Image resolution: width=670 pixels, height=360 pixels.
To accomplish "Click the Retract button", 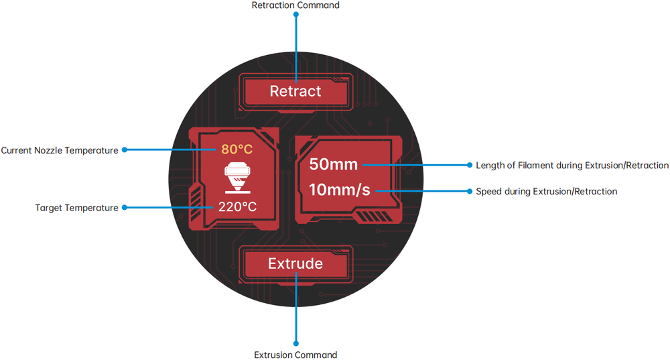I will (295, 91).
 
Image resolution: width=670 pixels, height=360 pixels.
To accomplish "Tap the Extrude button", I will (295, 263).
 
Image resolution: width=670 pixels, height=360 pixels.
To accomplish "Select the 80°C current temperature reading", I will (237, 149).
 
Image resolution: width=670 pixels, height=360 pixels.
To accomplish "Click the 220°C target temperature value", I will (237, 206).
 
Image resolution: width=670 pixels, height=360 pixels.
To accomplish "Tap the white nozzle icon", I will (237, 177).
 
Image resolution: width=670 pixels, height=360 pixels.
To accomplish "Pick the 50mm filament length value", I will (334, 165).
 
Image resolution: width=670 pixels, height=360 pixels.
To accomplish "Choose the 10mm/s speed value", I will (339, 190).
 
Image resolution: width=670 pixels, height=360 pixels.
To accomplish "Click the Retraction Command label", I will (295, 5).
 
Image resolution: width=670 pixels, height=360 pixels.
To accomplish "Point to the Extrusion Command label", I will (295, 355).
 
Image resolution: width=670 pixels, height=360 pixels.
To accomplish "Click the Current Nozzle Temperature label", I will (60, 150).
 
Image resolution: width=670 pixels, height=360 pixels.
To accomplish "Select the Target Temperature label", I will (76, 208).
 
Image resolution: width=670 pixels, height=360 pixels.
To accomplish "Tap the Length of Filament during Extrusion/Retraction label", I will (572, 165).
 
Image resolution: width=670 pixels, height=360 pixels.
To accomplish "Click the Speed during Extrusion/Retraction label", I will (546, 191).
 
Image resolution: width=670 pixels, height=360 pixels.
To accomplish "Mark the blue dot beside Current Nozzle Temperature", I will (125, 150).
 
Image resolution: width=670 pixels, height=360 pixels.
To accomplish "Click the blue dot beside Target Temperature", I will (125, 208).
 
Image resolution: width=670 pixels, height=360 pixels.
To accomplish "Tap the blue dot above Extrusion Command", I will (295, 345).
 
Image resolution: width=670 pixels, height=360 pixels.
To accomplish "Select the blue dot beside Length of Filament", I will (470, 165).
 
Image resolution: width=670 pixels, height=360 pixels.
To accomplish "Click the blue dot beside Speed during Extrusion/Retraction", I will (470, 191).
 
